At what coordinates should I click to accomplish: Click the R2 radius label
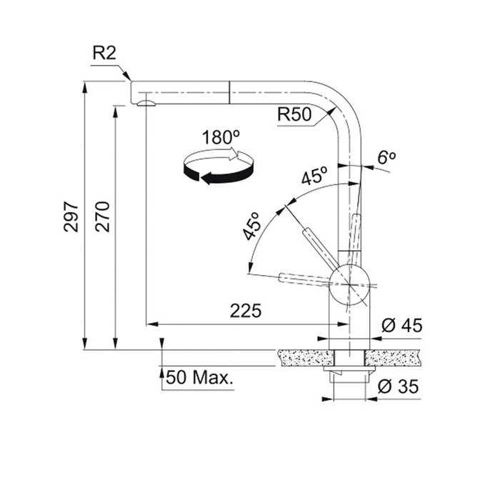[x=104, y=53]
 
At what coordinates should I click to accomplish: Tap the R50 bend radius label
[x=294, y=114]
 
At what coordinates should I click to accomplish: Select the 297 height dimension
[x=71, y=216]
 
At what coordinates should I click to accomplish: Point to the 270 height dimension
[x=102, y=216]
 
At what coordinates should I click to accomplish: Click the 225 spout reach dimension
[x=246, y=311]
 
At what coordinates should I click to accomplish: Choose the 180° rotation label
[x=221, y=137]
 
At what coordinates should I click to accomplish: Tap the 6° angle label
[x=387, y=157]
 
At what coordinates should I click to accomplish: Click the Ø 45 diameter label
[x=401, y=326]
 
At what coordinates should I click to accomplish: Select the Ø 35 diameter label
[x=399, y=386]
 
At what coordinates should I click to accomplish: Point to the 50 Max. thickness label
[x=199, y=378]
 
